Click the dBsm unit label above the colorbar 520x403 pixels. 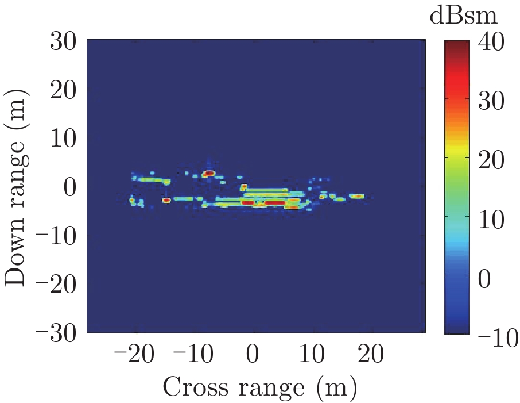464,17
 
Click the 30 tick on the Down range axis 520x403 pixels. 64,41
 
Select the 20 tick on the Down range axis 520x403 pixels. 64,90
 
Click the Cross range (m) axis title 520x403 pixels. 259,388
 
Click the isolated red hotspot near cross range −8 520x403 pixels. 209,173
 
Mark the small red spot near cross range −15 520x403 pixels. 166,200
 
